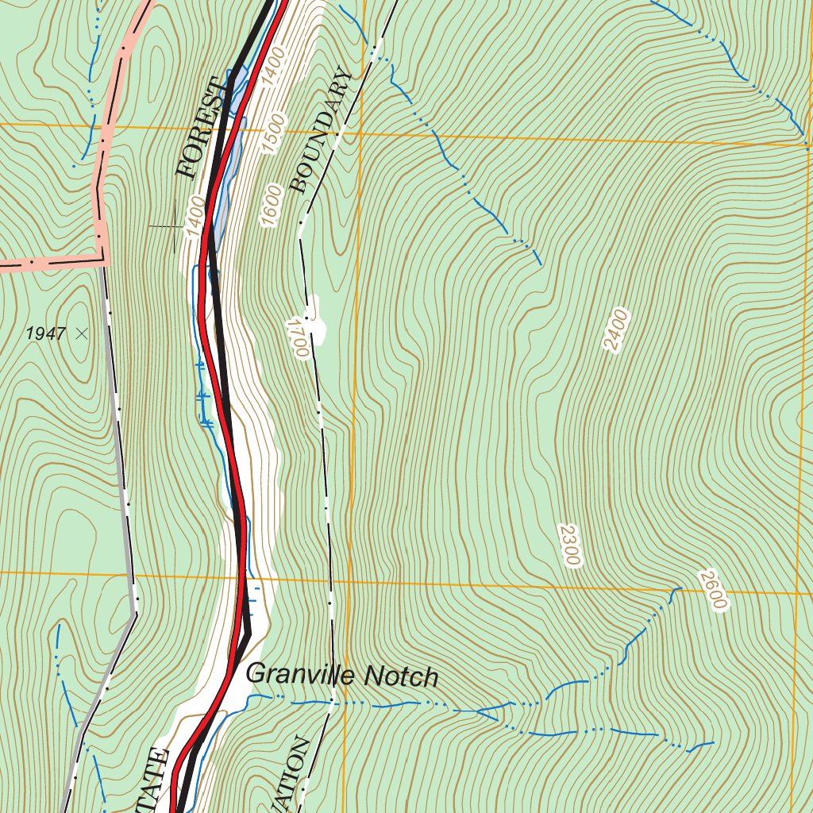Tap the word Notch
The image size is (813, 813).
[401, 677]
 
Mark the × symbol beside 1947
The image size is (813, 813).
[81, 334]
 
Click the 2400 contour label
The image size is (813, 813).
[615, 330]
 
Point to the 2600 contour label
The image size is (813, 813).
[712, 591]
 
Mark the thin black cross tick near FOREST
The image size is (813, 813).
[175, 226]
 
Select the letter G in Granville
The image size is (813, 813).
[256, 673]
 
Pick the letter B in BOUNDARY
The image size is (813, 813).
[298, 186]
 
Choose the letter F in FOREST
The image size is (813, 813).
[187, 169]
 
